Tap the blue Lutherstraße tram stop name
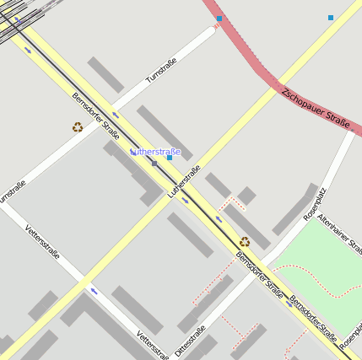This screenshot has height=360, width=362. point(154,152)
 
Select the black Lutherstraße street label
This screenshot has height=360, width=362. point(185,182)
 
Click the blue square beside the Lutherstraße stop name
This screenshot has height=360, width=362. point(170,158)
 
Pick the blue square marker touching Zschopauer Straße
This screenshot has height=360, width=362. point(219,19)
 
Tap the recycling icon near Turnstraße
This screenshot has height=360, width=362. point(78,127)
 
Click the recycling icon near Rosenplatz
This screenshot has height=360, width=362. point(245,242)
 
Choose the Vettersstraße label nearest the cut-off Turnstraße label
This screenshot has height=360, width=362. point(42,241)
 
